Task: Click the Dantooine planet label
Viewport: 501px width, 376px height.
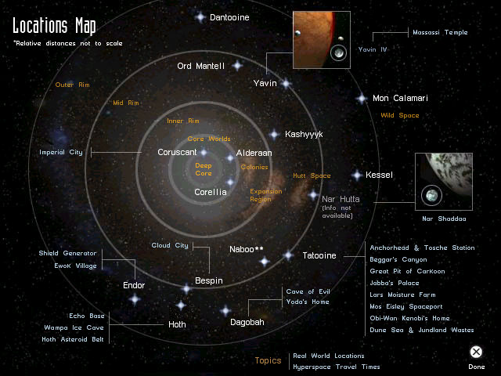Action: [x=229, y=17]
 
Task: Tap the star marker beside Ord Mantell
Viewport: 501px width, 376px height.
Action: [x=237, y=66]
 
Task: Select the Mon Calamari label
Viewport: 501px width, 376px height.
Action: [x=400, y=98]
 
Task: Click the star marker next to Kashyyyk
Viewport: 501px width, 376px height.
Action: [x=274, y=135]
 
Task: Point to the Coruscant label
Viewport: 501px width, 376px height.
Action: [x=177, y=152]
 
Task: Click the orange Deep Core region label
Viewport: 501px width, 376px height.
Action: [x=204, y=169]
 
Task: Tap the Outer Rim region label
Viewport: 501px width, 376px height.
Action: [x=72, y=85]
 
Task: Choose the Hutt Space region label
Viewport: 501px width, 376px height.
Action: [x=312, y=175]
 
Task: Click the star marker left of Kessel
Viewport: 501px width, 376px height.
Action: [x=357, y=175]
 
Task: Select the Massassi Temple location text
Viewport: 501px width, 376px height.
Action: [x=440, y=32]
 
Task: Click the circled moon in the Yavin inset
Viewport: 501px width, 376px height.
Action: [x=339, y=52]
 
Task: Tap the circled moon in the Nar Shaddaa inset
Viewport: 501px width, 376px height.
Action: [x=431, y=195]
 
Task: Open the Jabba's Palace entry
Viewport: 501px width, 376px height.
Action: [x=395, y=283]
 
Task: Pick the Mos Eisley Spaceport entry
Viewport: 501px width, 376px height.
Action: [x=406, y=306]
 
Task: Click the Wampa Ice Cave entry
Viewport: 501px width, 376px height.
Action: [x=74, y=327]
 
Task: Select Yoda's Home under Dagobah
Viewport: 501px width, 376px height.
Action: [x=308, y=302]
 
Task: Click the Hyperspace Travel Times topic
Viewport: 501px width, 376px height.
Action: [x=337, y=367]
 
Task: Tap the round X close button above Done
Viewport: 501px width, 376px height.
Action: [x=476, y=352]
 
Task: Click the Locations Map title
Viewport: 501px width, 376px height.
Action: [x=54, y=26]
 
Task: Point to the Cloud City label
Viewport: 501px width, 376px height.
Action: [x=170, y=245]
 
